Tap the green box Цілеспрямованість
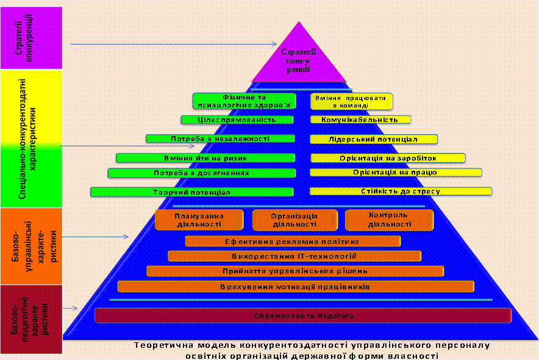pyautogui.click(x=237, y=120)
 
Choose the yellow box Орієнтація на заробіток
pyautogui.click(x=388, y=158)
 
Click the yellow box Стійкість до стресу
pyautogui.click(x=401, y=191)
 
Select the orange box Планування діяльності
pyautogui.click(x=199, y=220)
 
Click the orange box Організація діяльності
pyautogui.click(x=294, y=220)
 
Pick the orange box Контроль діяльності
pyautogui.click(x=389, y=220)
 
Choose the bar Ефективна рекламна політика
pyautogui.click(x=293, y=242)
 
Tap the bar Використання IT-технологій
pyautogui.click(x=294, y=256)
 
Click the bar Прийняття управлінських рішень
pyautogui.click(x=295, y=271)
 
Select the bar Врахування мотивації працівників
pyautogui.click(x=296, y=286)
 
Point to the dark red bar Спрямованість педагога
pyautogui.click(x=303, y=315)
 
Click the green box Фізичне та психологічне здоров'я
pyautogui.click(x=244, y=100)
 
